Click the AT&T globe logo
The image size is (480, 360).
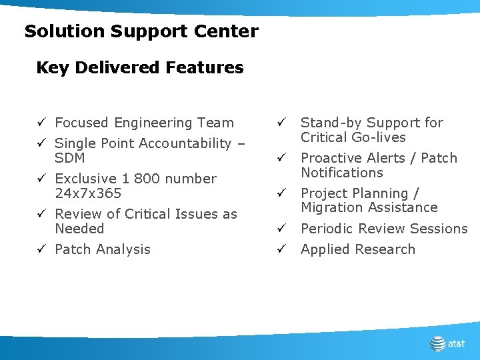point(437,343)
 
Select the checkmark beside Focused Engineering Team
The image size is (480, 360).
point(41,123)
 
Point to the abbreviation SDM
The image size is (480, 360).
point(70,158)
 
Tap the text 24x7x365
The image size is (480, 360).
point(88,193)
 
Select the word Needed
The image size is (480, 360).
point(79,229)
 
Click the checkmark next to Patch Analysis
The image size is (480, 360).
point(41,249)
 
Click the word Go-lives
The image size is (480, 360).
point(381,137)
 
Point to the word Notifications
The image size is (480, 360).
point(341,173)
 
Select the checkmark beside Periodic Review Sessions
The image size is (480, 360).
point(282,229)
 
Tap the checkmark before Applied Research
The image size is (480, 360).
point(282,249)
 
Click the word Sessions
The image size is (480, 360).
point(438,229)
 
